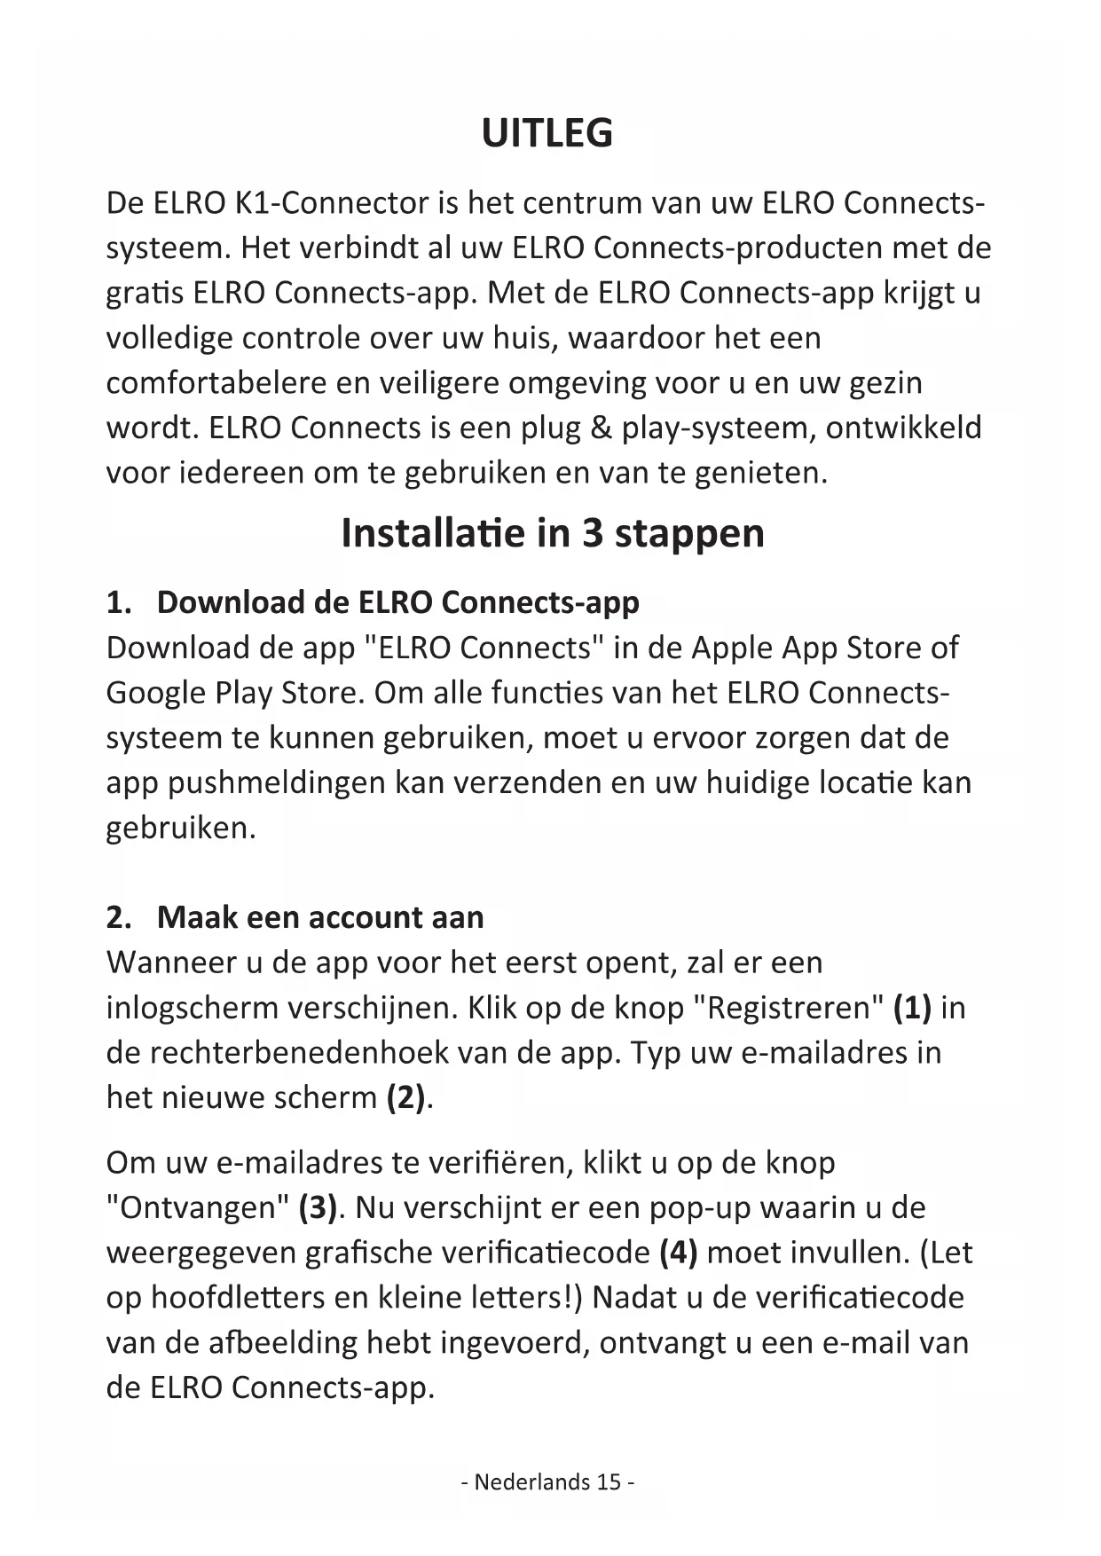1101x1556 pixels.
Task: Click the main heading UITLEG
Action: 547,133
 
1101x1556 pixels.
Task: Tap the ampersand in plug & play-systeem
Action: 601,428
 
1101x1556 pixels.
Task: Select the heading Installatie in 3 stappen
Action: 552,533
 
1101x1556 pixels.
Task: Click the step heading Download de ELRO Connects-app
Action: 397,602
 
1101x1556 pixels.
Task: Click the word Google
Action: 155,693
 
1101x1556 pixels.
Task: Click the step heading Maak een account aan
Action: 320,917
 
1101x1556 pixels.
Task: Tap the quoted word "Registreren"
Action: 788,1008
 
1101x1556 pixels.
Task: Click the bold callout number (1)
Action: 912,1008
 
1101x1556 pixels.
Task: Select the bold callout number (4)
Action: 679,1253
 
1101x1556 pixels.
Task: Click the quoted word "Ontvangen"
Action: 198,1207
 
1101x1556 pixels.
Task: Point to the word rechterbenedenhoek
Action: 299,1053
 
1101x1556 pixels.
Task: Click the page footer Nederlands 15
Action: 547,1481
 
